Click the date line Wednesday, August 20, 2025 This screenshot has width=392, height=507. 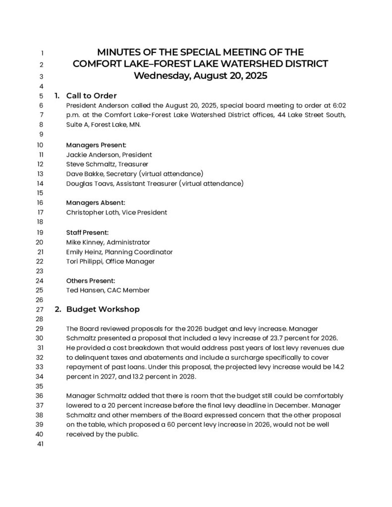pos(200,76)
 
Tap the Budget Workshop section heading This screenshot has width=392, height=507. pos(103,309)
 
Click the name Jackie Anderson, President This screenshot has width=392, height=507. pos(109,154)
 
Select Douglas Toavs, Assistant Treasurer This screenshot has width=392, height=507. pos(155,183)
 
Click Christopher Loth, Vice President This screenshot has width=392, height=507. pos(116,212)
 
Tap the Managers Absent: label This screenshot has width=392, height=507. pos(96,203)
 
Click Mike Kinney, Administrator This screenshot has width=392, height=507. pos(108,242)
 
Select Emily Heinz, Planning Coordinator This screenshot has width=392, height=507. pos(119,252)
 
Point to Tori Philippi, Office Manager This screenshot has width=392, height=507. pos(111,261)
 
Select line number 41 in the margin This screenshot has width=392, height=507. pos(41,444)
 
